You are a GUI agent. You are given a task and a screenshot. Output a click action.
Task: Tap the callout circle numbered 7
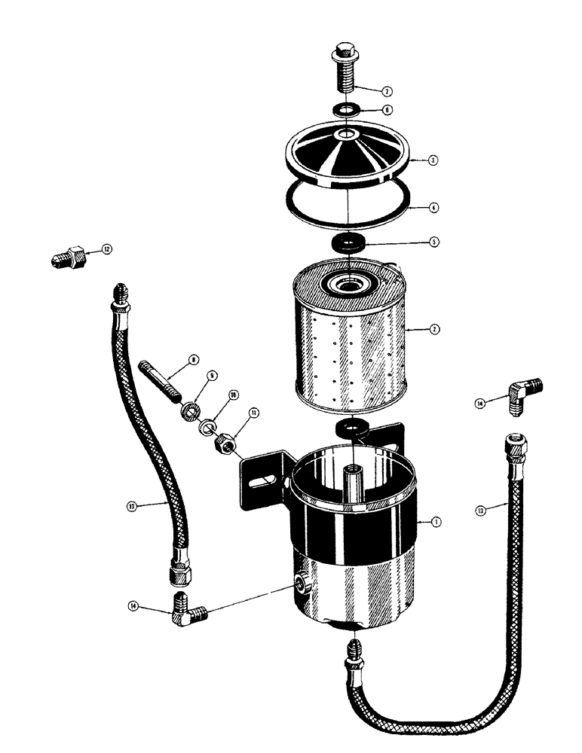[x=386, y=92]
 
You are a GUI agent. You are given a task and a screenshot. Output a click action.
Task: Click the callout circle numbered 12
[x=106, y=248]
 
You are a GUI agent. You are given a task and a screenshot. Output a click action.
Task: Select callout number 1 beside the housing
[x=438, y=521]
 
